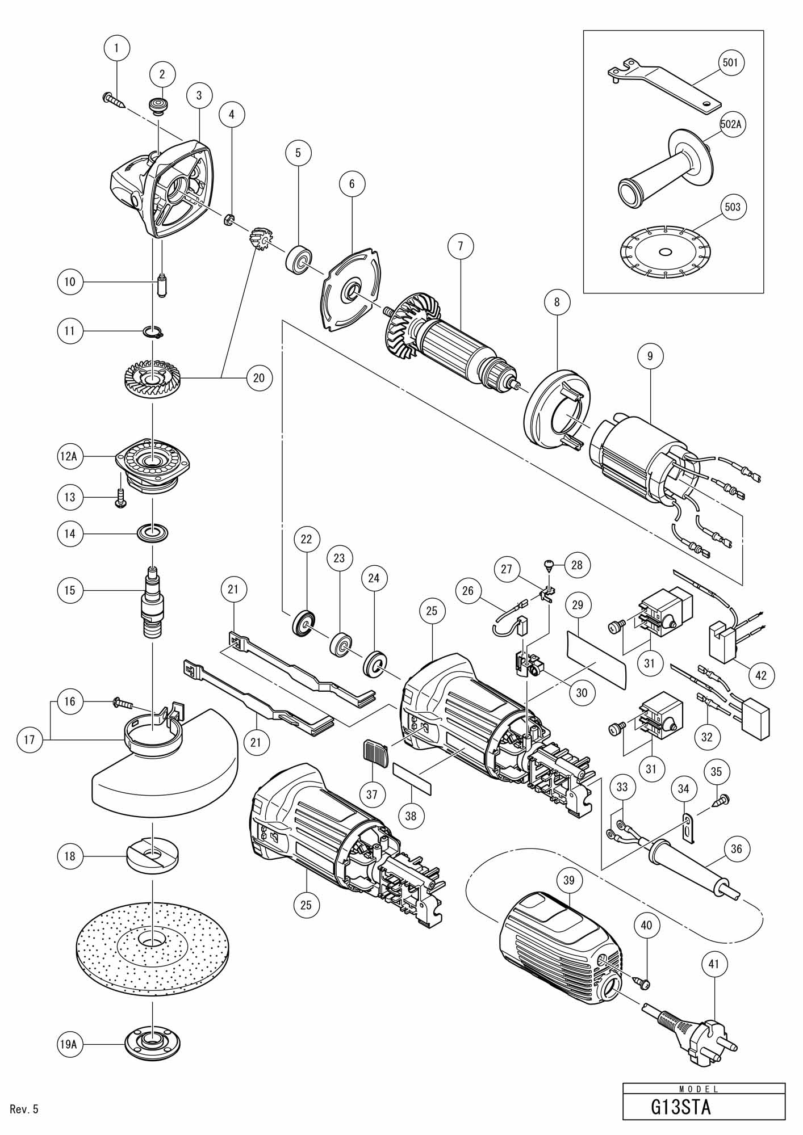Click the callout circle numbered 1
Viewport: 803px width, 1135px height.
(117, 48)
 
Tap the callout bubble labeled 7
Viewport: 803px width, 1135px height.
(460, 246)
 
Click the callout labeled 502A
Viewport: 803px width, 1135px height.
(731, 125)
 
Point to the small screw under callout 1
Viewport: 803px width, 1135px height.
(114, 100)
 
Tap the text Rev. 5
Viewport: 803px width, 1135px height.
(24, 1109)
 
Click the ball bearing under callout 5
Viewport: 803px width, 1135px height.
(298, 260)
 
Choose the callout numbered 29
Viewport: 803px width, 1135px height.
(578, 606)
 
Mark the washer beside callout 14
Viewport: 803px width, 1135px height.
(153, 533)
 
